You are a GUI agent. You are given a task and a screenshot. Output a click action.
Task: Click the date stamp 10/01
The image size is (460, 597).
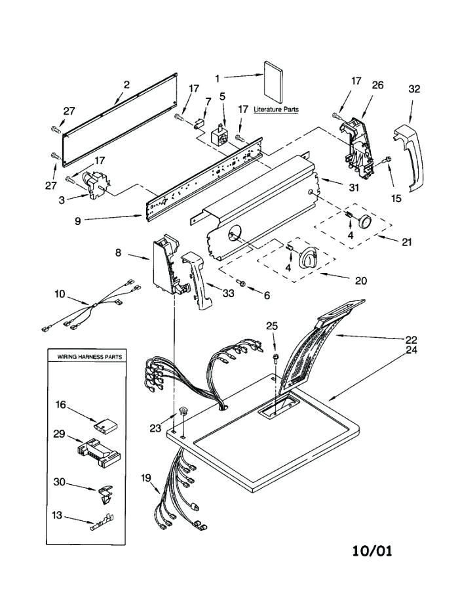coord(370,550)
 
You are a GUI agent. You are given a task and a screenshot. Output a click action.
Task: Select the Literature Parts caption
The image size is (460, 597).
coord(276,110)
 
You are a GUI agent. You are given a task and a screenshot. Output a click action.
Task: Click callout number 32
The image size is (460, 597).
coord(414,89)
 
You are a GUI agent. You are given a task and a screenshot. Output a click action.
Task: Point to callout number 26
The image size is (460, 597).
coord(378,85)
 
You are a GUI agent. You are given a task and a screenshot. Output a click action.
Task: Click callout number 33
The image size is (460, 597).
coord(227,293)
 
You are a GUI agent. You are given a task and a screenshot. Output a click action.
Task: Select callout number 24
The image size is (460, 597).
coord(411,350)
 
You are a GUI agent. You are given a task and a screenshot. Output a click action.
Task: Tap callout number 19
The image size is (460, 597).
coord(145,478)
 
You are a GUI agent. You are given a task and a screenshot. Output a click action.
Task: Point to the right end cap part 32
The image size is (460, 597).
coord(408,157)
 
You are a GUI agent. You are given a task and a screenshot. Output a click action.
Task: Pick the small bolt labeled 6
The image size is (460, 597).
coord(244,283)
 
